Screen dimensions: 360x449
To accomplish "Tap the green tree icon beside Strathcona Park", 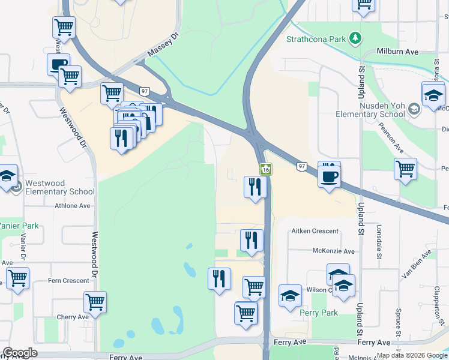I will (357, 38).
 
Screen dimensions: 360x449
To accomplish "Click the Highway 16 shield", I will (267, 170).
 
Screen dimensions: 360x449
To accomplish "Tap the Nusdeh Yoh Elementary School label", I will (370, 109).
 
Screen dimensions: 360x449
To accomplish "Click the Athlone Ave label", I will (73, 206).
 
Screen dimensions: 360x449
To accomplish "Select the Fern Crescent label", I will (68, 281).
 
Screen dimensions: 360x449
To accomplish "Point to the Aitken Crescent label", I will (315, 231).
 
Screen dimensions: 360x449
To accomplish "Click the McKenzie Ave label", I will (333, 251).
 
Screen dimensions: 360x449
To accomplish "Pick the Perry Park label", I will (319, 313).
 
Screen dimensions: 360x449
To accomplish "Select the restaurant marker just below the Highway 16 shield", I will (255, 187).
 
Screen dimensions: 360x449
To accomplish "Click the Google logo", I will (20, 353).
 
